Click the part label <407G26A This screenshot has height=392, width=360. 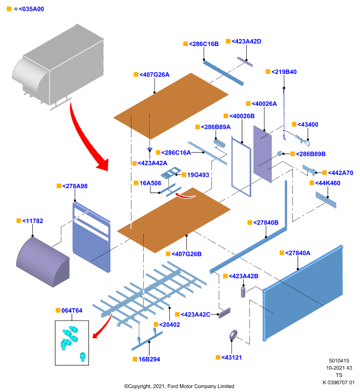coord(154,74)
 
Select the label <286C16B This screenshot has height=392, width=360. coord(204,44)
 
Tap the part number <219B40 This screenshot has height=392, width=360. coord(284,72)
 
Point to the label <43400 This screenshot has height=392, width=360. coord(308,124)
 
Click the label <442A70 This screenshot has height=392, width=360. coord(340,173)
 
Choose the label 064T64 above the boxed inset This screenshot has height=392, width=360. coord(72,311)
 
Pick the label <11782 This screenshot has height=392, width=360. coord(32,221)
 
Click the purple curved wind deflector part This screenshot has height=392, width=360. coord(43,261)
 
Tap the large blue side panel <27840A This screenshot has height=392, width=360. coord(303,293)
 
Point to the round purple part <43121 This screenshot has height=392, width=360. coord(233,335)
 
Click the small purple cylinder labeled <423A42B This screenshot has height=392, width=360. coord(243,292)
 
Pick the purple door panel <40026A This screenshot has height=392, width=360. coord(262,154)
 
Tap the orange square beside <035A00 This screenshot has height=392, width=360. coord(9,9)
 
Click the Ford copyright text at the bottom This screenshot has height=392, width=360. coord(179,386)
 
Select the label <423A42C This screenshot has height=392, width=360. coord(195,315)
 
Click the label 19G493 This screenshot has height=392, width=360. coord(198,175)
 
